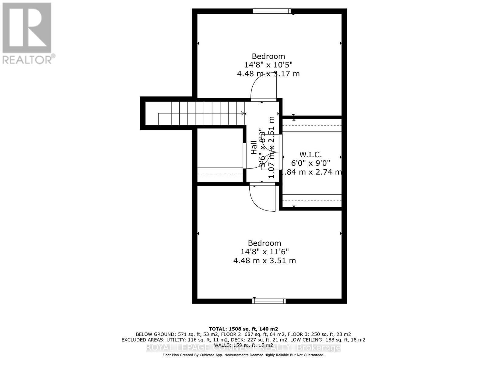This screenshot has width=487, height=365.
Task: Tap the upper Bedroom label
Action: tap(268, 56)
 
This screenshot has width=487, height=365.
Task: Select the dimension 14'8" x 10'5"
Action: tap(268, 65)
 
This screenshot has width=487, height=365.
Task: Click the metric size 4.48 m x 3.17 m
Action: tap(268, 74)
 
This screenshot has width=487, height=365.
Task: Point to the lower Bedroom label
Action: tap(264, 243)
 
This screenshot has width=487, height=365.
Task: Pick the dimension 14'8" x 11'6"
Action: tap(264, 252)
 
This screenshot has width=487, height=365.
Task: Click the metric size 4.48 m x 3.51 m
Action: tap(264, 261)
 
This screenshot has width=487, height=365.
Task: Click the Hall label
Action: tap(254, 148)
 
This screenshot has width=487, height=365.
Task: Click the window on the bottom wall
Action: tap(269, 301)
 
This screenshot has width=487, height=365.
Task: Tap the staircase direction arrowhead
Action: tap(243, 113)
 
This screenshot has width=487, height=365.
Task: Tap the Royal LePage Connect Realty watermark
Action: tap(243, 348)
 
